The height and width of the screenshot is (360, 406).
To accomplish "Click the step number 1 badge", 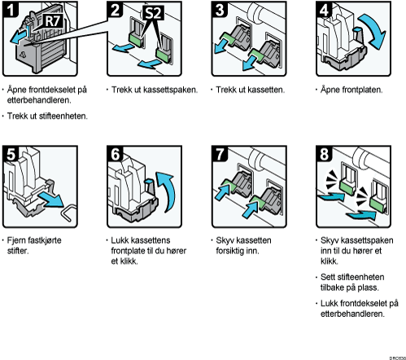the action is [x=11, y=9].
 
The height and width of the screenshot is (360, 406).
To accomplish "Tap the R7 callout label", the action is [x=53, y=21].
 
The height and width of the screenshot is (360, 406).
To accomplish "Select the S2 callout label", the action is [x=153, y=13].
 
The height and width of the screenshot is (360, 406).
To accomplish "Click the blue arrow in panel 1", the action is [x=19, y=36].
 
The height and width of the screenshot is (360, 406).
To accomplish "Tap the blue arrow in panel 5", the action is [x=50, y=200].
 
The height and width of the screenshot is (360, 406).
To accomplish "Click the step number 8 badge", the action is [x=324, y=154].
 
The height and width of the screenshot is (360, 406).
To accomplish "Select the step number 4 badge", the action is [x=324, y=9].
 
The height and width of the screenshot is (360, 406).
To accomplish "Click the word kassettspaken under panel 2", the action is [x=170, y=90].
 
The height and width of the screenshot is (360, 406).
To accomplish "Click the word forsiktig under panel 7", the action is [x=230, y=251].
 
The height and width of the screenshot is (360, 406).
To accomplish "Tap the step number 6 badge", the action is [x=115, y=154].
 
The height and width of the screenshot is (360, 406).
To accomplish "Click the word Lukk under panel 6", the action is [x=120, y=240].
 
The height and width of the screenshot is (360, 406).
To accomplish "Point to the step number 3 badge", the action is [x=220, y=9].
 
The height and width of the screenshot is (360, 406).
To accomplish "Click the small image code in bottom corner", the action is [x=398, y=358].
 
